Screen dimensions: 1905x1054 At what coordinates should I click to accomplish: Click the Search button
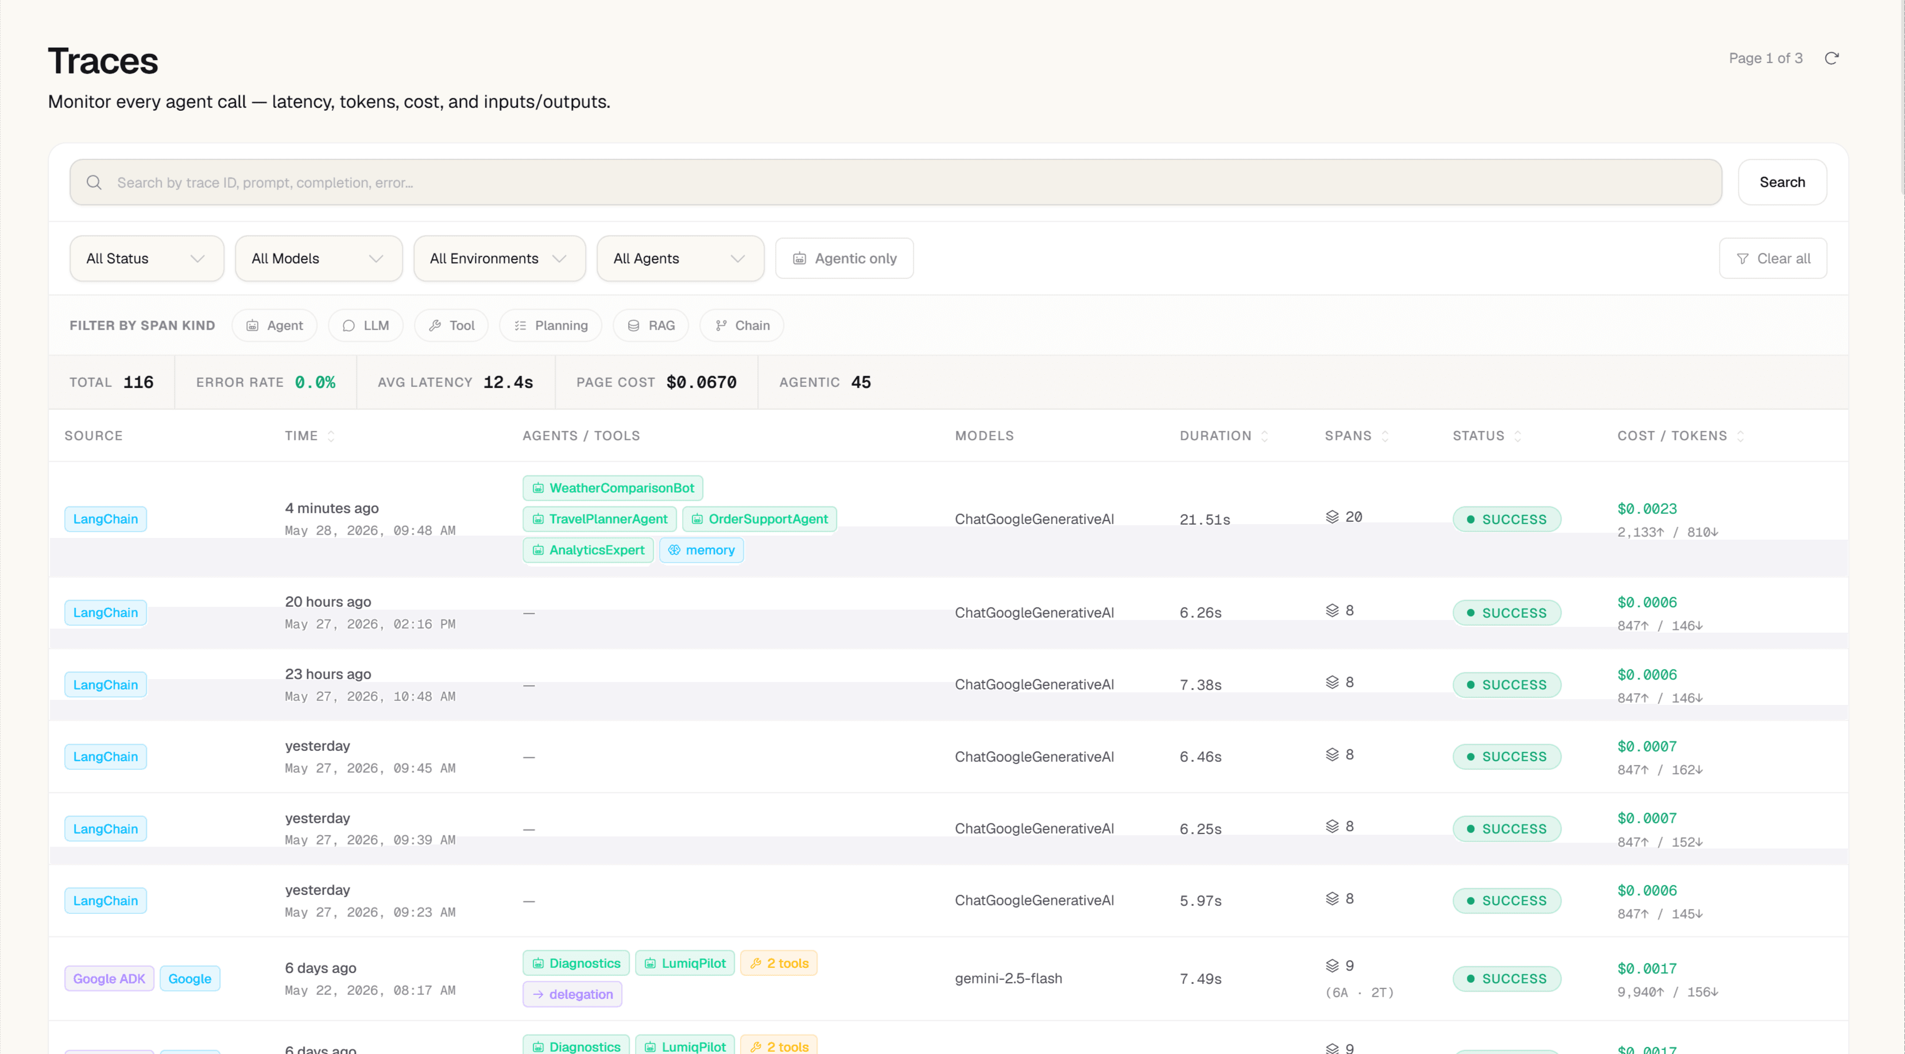[x=1782, y=182]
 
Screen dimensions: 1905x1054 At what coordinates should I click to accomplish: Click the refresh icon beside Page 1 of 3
[x=1831, y=59]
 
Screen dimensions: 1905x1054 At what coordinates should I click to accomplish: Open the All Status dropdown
[x=146, y=258]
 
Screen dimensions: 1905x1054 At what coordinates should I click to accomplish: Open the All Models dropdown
[x=319, y=258]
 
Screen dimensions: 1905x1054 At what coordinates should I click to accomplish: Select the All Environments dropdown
[x=499, y=258]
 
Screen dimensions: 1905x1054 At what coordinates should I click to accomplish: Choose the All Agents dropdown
[x=680, y=258]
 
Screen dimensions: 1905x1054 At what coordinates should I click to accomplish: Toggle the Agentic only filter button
[x=844, y=258]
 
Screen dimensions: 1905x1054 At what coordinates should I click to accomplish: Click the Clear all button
[x=1772, y=258]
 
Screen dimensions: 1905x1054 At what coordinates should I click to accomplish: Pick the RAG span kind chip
[x=651, y=325]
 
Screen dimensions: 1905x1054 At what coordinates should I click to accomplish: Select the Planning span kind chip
[x=551, y=325]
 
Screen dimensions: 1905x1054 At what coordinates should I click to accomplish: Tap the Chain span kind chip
[x=742, y=325]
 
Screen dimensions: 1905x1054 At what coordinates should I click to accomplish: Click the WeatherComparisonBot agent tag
[x=613, y=488]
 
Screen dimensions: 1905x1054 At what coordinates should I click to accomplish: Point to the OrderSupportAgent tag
[x=760, y=519]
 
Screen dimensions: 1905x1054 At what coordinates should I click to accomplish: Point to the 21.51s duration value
[x=1205, y=519]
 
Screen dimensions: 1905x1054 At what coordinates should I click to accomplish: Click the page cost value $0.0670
[x=701, y=382]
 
